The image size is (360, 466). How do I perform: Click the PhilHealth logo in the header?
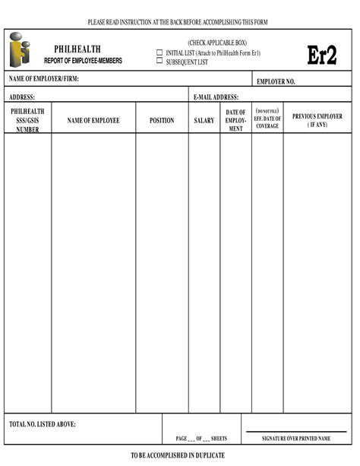coord(21,50)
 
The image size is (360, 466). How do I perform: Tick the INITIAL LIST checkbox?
coord(159,52)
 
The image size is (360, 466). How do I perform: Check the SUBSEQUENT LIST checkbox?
coord(159,61)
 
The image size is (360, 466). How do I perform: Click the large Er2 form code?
coord(321,55)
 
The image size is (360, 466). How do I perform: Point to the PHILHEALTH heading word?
coord(77,49)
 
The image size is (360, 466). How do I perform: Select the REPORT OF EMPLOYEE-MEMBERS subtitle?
coord(83,60)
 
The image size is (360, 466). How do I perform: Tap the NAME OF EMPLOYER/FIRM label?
coord(44,79)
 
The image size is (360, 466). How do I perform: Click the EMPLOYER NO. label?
coord(276,81)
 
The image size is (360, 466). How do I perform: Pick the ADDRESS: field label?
coord(23,97)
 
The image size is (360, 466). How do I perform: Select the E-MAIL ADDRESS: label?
coord(216,97)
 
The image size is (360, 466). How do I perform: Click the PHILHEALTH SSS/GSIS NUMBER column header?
coord(27,120)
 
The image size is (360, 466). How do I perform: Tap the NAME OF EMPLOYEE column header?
coord(93,120)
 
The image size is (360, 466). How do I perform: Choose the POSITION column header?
coord(162,120)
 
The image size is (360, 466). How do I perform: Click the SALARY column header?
coord(204,120)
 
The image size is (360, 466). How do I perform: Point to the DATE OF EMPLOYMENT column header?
coord(235,120)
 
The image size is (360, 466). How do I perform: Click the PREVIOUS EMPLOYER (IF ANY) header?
coord(317,120)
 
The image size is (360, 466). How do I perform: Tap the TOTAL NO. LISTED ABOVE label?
coord(43,424)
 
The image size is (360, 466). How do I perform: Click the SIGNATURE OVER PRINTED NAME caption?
coord(296,439)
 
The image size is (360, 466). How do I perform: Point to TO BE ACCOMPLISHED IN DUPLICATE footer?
coord(177,455)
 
